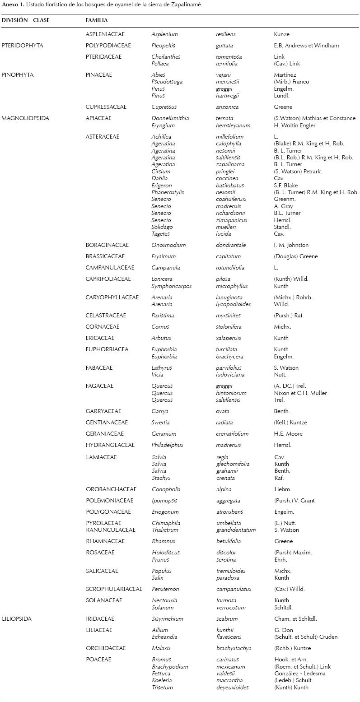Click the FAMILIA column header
point(96,20)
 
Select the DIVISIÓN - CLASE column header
point(25,20)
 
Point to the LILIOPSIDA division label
point(17,619)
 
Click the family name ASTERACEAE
point(103,137)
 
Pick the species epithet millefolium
point(229,137)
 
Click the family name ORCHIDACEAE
point(106,648)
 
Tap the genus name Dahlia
point(159,178)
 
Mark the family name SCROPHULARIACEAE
point(114,589)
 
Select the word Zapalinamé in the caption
point(186,5)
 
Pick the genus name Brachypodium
point(170,667)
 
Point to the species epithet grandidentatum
point(236,530)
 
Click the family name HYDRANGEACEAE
point(110,445)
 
